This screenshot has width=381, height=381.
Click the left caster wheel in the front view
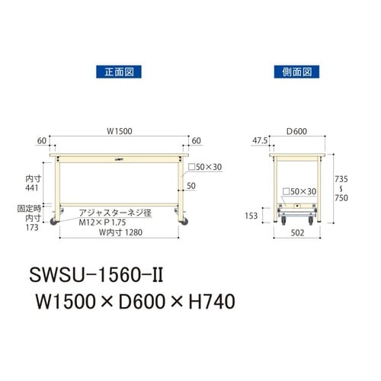pos(56,222)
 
